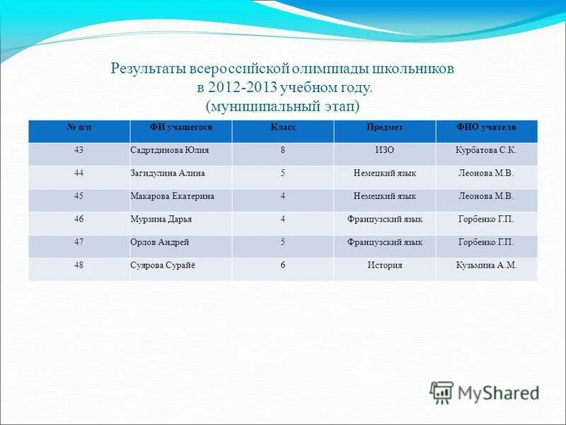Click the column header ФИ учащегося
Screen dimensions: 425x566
click(x=180, y=127)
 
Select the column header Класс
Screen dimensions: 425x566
click(x=282, y=127)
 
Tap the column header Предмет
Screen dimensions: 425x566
click(x=385, y=127)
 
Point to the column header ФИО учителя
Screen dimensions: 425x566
click(x=486, y=127)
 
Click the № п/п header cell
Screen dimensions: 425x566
click(x=79, y=127)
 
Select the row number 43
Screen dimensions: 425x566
click(x=79, y=150)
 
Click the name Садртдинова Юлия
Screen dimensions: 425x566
click(x=170, y=150)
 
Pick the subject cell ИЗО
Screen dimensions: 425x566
click(x=385, y=150)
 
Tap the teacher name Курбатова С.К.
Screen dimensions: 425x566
click(x=486, y=150)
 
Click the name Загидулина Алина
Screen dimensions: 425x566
click(x=170, y=173)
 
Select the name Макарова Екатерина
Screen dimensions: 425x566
click(x=172, y=196)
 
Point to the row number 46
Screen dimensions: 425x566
click(x=79, y=220)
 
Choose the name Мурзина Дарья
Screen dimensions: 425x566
click(x=161, y=220)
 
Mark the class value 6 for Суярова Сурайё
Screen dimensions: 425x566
click(x=282, y=266)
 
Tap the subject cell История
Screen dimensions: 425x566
click(x=385, y=266)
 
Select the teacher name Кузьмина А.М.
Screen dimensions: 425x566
click(x=486, y=266)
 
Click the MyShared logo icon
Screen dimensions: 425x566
click(x=441, y=392)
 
